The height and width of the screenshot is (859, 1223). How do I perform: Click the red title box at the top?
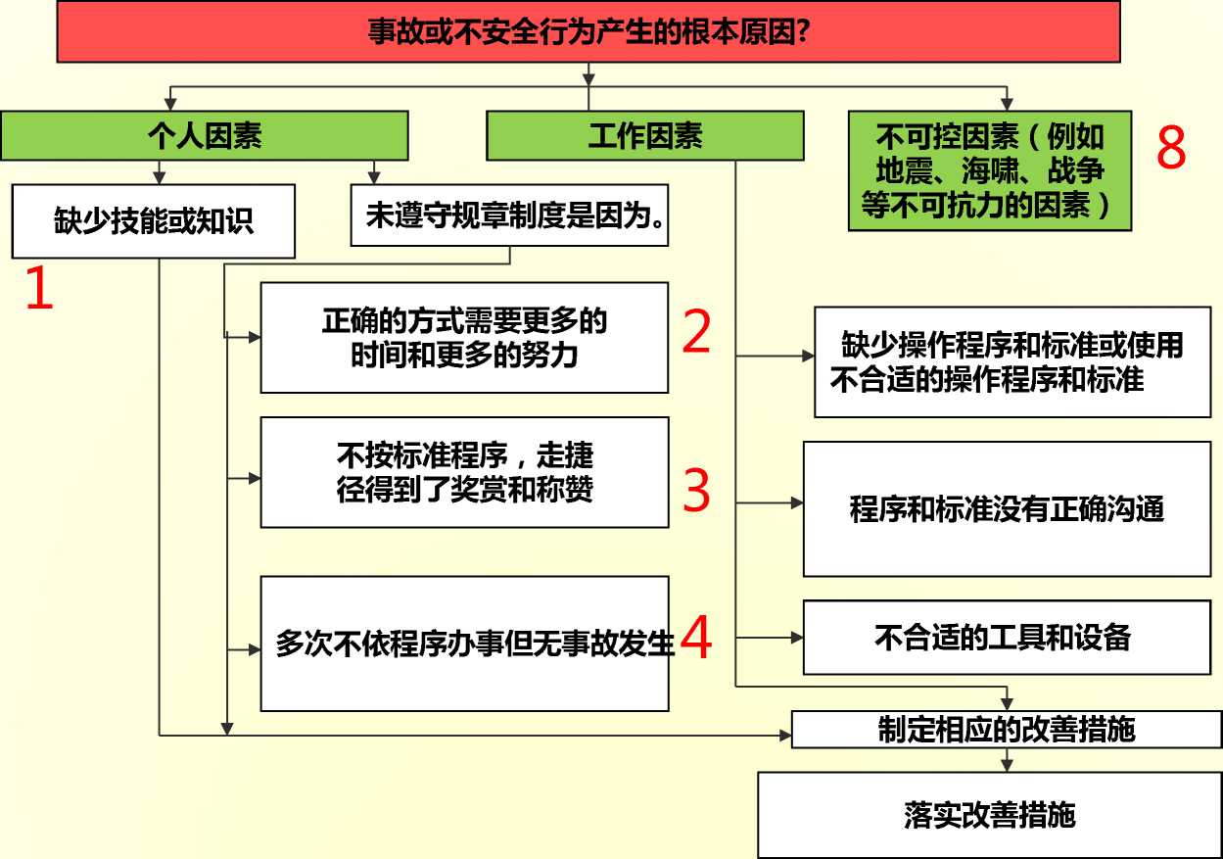point(588,31)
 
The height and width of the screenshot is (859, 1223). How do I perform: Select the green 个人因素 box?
point(205,135)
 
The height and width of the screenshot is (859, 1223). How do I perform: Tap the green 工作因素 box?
point(645,135)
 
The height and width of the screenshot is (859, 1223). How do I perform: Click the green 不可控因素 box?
point(990,170)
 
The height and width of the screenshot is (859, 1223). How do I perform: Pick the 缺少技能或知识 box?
point(154,221)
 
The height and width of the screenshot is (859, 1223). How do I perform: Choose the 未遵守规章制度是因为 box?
point(509,215)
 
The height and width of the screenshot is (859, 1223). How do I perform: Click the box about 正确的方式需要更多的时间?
point(465,338)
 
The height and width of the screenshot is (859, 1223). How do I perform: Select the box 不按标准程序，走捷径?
point(465,472)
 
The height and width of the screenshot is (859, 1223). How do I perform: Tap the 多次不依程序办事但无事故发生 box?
point(465,644)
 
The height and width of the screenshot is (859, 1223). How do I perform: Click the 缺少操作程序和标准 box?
point(1012,362)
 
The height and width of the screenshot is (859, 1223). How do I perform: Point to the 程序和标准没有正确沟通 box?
point(1008,509)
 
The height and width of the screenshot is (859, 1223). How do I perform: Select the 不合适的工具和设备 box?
point(1008,638)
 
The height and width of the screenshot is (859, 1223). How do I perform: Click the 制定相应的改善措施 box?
point(1007,729)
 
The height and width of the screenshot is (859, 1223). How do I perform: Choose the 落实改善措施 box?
point(990,815)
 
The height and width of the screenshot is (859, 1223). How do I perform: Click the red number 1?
point(39,288)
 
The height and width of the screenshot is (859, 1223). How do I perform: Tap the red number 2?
point(696,331)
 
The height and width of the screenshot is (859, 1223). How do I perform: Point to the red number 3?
point(696,490)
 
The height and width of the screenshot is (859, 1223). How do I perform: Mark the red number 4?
point(696,637)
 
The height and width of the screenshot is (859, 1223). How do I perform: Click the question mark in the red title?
point(802,31)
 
